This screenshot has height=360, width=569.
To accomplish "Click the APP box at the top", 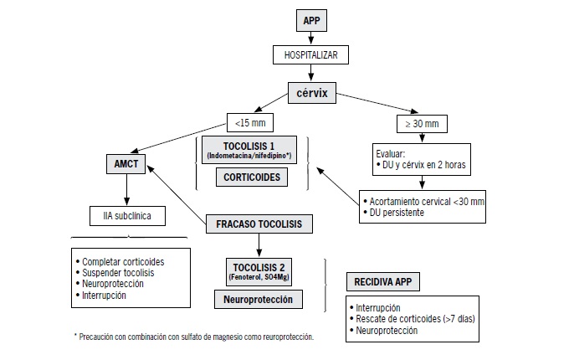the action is pos(311,20).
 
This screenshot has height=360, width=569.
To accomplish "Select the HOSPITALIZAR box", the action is pos(310,54).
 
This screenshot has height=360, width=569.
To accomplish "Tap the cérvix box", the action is pos(312,93).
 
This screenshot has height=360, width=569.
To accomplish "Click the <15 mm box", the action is pos(250,123).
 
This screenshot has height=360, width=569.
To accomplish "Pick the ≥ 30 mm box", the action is pos(422,124).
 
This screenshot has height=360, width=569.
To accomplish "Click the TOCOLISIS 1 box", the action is pos(249,150).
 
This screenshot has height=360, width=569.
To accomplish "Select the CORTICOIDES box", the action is pos(252,177).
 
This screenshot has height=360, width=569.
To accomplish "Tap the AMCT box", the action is pos(126,164).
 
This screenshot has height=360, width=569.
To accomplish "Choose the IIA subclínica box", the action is pos(127,216).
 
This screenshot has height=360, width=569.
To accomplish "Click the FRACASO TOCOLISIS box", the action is pos(259,224).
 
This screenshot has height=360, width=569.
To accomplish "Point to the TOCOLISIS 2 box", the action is pos(259,272).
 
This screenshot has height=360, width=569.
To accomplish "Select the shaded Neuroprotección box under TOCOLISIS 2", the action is pos(258,300).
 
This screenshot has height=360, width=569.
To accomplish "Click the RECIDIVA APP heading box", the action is pos(383,281).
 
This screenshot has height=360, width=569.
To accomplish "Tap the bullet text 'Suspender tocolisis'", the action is pos(118,273).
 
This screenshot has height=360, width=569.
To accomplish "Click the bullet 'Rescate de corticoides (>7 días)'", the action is pos(415,319).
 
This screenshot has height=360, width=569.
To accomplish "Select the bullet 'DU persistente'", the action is pos(397,213).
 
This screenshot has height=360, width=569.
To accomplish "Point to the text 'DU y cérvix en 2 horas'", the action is pos(424,165).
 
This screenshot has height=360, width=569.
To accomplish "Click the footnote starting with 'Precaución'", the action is pos(194,337).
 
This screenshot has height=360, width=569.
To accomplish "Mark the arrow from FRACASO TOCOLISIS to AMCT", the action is pos(177,194).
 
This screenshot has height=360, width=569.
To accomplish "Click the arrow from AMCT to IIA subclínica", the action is pos(126,190).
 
